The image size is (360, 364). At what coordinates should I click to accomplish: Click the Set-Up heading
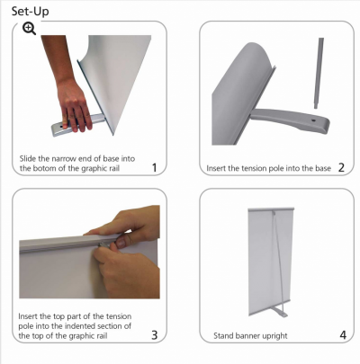click(x=30, y=12)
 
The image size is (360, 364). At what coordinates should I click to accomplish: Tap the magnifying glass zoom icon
click(x=29, y=29)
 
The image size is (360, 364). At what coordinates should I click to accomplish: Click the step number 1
click(x=154, y=168)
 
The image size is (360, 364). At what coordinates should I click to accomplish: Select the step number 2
click(x=341, y=168)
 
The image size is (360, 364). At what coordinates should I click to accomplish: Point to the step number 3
click(x=154, y=335)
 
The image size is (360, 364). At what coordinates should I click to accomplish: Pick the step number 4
click(x=343, y=335)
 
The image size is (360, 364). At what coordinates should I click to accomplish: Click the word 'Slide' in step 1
click(x=28, y=158)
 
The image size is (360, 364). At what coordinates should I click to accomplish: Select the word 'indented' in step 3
click(x=82, y=325)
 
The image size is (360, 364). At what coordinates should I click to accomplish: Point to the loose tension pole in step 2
click(x=319, y=73)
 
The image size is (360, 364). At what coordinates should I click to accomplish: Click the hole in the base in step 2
click(x=313, y=120)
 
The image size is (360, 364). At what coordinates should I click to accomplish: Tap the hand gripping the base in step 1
click(x=74, y=105)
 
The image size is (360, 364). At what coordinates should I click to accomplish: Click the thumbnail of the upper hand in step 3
click(x=121, y=243)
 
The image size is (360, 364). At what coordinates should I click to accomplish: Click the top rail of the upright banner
click(x=271, y=209)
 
